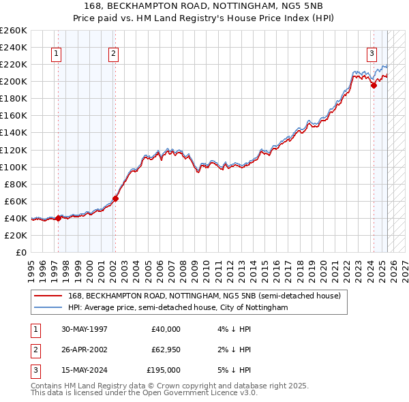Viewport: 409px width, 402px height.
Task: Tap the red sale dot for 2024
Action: coord(374,85)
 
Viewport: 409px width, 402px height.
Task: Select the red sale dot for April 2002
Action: coord(115,198)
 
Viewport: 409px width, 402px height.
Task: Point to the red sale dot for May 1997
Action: coord(59,218)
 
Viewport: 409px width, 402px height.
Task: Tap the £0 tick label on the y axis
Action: coord(20,252)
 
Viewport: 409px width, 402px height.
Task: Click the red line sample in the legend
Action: coord(48,296)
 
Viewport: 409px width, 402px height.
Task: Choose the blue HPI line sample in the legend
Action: coord(48,307)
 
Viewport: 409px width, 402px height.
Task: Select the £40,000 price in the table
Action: coord(166,329)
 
